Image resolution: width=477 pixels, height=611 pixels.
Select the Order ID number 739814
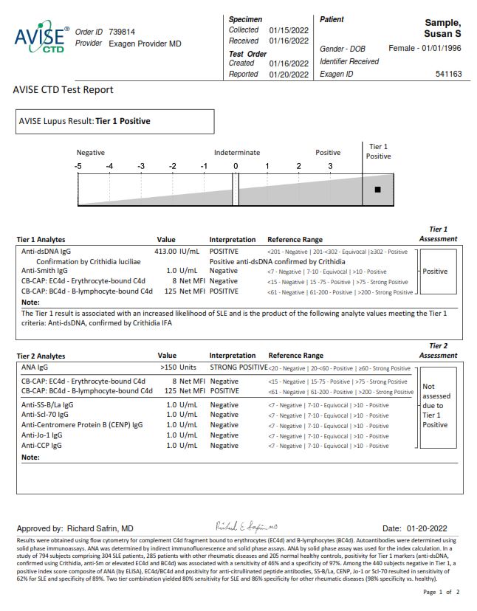point(123,32)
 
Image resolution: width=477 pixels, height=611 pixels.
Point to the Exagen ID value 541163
point(449,74)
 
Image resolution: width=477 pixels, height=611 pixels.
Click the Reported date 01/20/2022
point(289,74)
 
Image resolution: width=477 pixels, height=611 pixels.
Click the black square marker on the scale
point(377,190)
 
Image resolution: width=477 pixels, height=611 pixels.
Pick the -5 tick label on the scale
point(78,166)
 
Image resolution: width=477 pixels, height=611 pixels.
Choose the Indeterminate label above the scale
point(237,153)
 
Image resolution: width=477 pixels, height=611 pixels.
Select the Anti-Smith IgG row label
point(44,271)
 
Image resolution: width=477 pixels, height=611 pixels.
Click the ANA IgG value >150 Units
point(179,366)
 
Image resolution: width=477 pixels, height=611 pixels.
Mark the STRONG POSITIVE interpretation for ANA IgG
point(238,366)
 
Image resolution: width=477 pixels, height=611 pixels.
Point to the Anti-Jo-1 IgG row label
point(41,435)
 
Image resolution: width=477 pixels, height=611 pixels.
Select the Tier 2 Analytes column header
point(41,356)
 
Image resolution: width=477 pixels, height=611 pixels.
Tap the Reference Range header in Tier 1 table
point(295,240)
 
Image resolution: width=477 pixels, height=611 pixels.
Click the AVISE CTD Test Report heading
point(64,90)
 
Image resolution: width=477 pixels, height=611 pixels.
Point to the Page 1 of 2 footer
point(441,592)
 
